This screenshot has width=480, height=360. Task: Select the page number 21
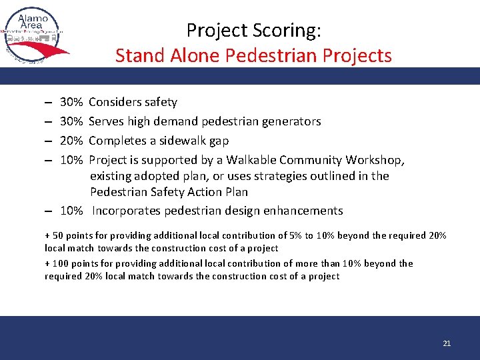pyautogui.click(x=447, y=343)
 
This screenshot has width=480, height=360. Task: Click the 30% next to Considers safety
pyautogui.click(x=71, y=102)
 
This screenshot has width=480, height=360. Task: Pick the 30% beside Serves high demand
pyautogui.click(x=71, y=121)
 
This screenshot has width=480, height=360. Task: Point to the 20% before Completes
pyautogui.click(x=71, y=141)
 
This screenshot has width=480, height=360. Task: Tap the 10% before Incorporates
pyautogui.click(x=71, y=211)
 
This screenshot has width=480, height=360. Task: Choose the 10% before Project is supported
pyautogui.click(x=71, y=160)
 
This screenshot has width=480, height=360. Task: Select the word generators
pyautogui.click(x=291, y=121)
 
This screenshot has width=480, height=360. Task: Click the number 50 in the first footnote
pyautogui.click(x=59, y=235)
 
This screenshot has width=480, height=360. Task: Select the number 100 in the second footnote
pyautogui.click(x=61, y=263)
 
